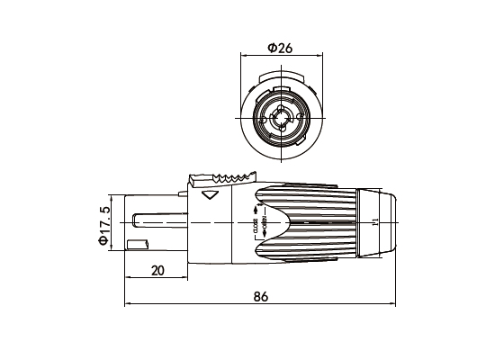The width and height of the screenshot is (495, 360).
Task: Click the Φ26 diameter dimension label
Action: pos(279,48)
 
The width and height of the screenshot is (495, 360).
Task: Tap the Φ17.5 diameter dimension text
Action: pos(105,225)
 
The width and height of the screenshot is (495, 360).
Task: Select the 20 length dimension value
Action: pos(157,270)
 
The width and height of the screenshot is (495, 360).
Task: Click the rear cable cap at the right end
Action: pos(378,220)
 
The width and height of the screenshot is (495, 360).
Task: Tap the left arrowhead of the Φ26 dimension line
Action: pos(243,56)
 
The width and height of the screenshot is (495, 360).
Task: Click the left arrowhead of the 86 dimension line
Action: pos(126,303)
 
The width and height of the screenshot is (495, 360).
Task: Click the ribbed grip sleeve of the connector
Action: pos(310,220)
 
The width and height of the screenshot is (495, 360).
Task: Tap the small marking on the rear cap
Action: pos(375,220)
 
